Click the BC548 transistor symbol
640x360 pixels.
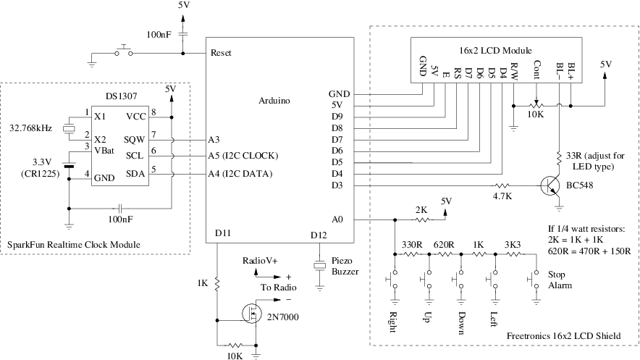pyautogui.click(x=552, y=185)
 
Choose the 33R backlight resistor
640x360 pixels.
pyautogui.click(x=559, y=156)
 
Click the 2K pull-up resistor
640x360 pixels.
pyautogui.click(x=421, y=218)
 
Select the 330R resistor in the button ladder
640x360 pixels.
pyautogui.click(x=412, y=254)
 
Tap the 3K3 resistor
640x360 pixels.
pyautogui.click(x=512, y=254)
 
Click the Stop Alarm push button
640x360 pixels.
pyautogui.click(x=536, y=279)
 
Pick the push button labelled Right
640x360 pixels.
pyautogui.click(x=395, y=279)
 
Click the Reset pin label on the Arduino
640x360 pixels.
pyautogui.click(x=220, y=53)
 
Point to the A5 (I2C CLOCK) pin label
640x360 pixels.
pyautogui.click(x=243, y=156)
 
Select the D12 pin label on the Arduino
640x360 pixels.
pyautogui.click(x=319, y=234)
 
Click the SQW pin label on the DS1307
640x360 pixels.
pyautogui.click(x=134, y=138)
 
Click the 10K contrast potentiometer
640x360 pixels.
pyautogui.click(x=536, y=106)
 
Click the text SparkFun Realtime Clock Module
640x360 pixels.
pyautogui.click(x=73, y=245)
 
